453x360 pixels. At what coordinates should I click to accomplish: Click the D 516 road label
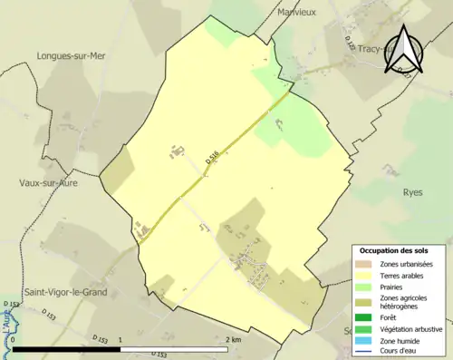[212, 158]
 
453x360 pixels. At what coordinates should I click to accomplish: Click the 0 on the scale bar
[13, 340]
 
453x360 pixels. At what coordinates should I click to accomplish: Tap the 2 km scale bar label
[233, 340]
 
